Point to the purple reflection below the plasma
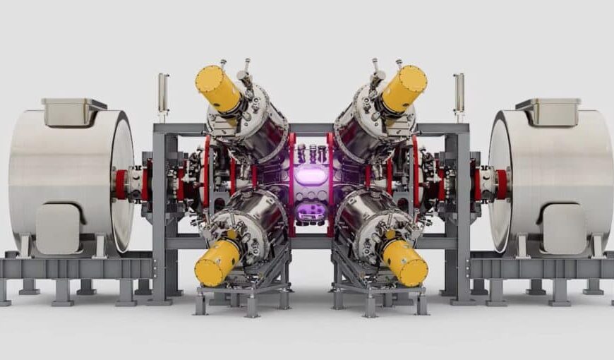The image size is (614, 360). coord(311,211)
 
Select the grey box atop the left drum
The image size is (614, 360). coord(73,112)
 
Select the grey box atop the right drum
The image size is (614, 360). coord(546,112)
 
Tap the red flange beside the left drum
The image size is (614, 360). coord(121,184)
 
